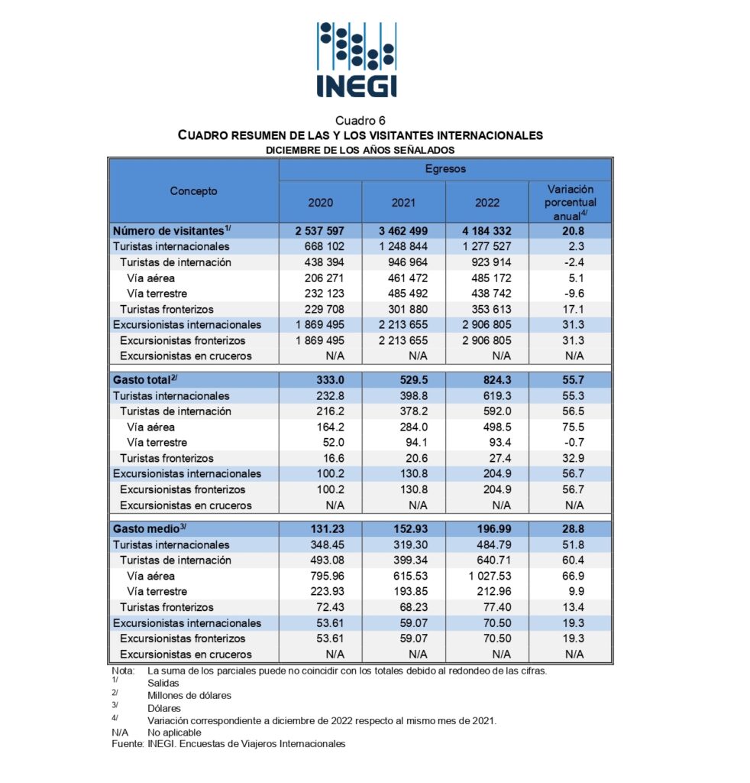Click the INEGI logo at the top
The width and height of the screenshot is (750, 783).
tap(357, 59)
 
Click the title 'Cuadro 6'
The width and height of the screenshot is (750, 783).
tap(360, 121)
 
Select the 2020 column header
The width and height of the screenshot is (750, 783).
tap(320, 203)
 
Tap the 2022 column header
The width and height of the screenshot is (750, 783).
tap(487, 203)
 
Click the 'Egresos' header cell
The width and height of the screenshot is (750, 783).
tap(445, 168)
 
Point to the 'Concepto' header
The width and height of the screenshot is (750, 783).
tap(193, 191)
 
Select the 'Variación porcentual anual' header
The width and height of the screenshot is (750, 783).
tap(570, 202)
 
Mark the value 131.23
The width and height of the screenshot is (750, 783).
tap(326, 529)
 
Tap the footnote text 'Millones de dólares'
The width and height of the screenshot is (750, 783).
tap(189, 695)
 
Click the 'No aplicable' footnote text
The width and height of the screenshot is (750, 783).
tap(175, 732)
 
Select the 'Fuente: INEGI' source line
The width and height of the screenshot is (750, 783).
tap(228, 743)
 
